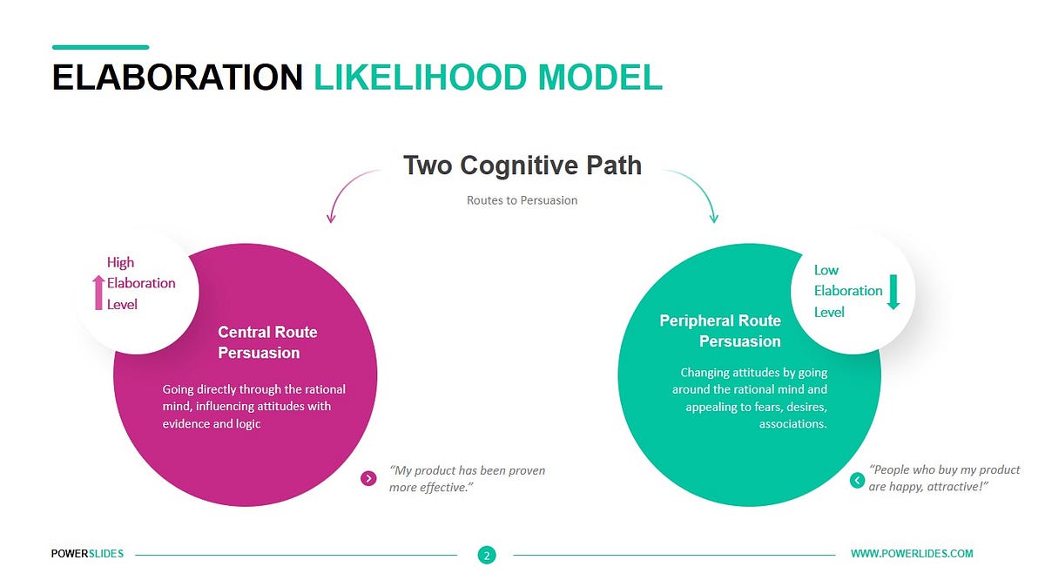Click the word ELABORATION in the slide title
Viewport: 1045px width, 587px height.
pyautogui.click(x=177, y=78)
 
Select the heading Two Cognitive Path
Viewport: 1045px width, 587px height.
pyautogui.click(x=522, y=165)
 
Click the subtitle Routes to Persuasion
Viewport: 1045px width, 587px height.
pyautogui.click(x=522, y=200)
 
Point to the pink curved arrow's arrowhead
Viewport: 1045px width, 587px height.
pyautogui.click(x=331, y=219)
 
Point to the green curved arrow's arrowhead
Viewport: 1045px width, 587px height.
pyautogui.click(x=714, y=219)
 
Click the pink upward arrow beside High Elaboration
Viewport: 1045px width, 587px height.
pyautogui.click(x=98, y=293)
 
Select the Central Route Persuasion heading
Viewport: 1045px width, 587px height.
pyautogui.click(x=267, y=342)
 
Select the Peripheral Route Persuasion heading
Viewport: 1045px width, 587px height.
pyautogui.click(x=720, y=331)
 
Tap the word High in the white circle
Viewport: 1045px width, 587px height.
pyautogui.click(x=121, y=262)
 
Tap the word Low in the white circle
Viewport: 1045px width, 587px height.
pyautogui.click(x=826, y=270)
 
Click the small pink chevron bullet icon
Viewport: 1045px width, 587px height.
pyautogui.click(x=368, y=478)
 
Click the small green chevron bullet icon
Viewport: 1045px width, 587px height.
pyautogui.click(x=857, y=480)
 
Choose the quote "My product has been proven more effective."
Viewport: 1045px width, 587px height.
pyautogui.click(x=467, y=478)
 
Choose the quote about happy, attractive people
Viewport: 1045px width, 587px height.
pyautogui.click(x=931, y=478)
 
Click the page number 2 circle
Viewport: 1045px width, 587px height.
pyautogui.click(x=487, y=555)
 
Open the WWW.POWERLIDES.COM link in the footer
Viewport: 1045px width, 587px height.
pyautogui.click(x=912, y=554)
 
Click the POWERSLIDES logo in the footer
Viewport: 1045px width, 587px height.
pyautogui.click(x=87, y=554)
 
